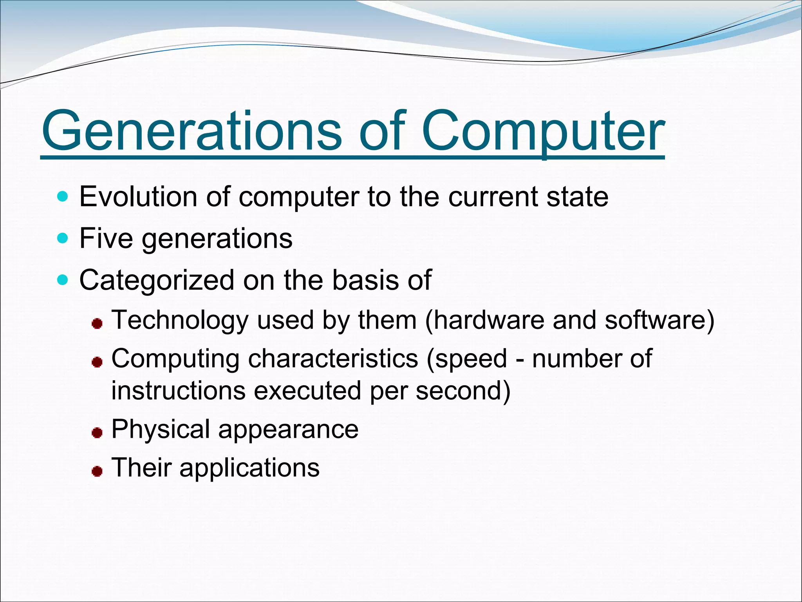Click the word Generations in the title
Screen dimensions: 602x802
192,131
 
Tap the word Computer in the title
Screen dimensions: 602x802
543,131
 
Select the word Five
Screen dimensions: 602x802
106,238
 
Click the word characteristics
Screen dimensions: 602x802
333,359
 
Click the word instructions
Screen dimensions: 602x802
178,391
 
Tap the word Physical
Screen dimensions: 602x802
161,430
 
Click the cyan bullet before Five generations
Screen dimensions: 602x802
62,238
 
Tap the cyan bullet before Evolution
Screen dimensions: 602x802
62,196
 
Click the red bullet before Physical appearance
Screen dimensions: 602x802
97,433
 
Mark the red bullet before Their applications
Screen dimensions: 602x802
97,471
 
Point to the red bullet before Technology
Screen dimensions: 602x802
97,324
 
